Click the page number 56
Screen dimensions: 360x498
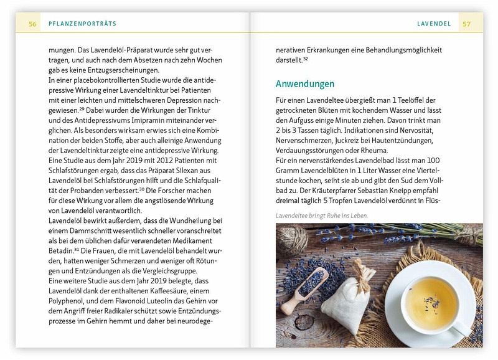(33, 24)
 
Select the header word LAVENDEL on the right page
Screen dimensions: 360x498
(434, 24)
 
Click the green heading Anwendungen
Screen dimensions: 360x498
(305, 84)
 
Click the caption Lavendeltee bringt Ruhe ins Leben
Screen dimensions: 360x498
(322, 216)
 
